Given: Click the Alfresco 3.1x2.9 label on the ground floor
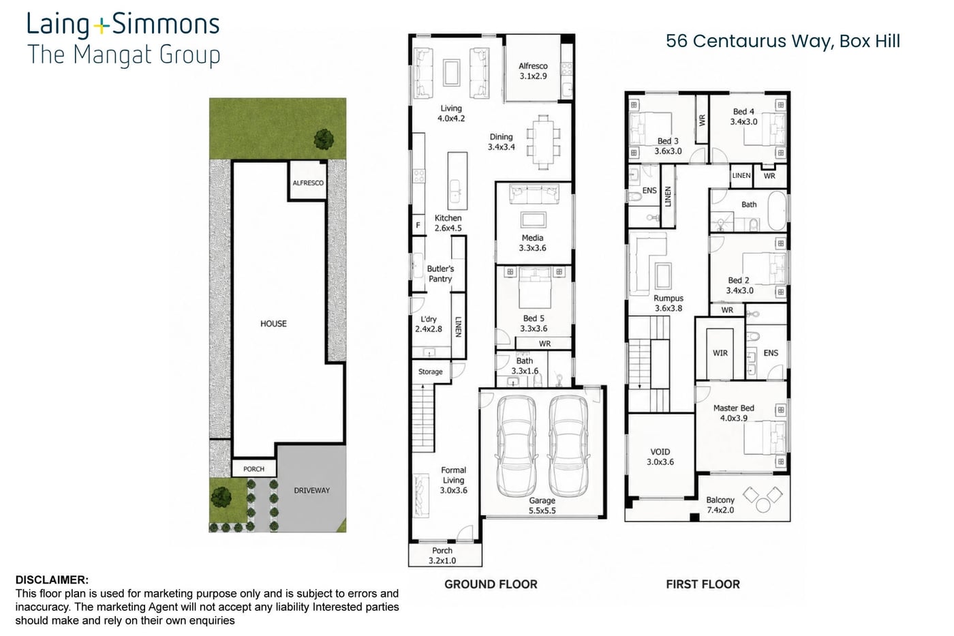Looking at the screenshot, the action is point(533,71).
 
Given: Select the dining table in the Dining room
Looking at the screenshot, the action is point(543,142).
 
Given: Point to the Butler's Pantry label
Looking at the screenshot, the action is point(440,273).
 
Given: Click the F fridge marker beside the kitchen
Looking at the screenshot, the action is point(418,224).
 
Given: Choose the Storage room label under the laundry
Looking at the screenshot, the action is point(430,372).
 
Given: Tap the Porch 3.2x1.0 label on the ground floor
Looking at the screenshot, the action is point(442,556).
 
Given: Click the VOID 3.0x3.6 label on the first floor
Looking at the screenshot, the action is point(660,457).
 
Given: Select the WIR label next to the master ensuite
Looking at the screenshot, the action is point(720,352).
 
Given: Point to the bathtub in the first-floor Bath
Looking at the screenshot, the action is point(778,211).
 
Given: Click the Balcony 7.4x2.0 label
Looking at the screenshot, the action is point(720,505).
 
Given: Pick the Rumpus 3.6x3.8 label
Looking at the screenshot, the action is point(668,303).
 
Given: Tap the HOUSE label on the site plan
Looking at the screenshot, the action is point(273,324).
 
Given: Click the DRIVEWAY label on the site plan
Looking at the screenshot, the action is point(312,490).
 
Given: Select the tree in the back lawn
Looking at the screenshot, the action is point(324,139).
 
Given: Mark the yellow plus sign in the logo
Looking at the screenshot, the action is point(101,27).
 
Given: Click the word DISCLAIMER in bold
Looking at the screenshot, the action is point(52,580).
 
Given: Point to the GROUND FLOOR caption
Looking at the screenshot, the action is point(491,584).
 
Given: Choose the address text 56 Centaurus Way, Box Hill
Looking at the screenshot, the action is point(783,42).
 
